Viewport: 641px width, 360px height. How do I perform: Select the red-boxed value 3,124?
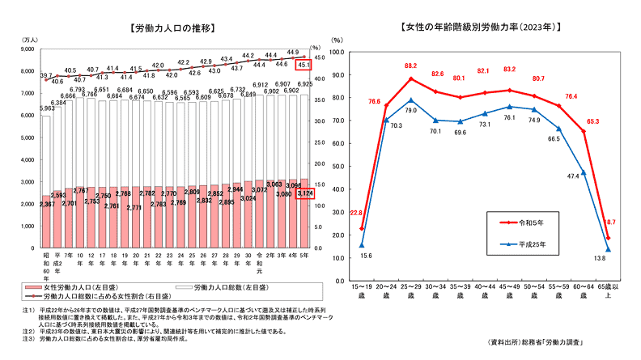[x=305, y=193]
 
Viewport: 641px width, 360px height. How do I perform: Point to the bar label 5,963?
[x=47, y=108]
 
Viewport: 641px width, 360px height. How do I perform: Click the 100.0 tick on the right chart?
[x=337, y=51]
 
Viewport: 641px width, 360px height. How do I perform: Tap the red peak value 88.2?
[x=411, y=66]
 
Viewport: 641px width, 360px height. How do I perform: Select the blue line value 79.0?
[x=411, y=109]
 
